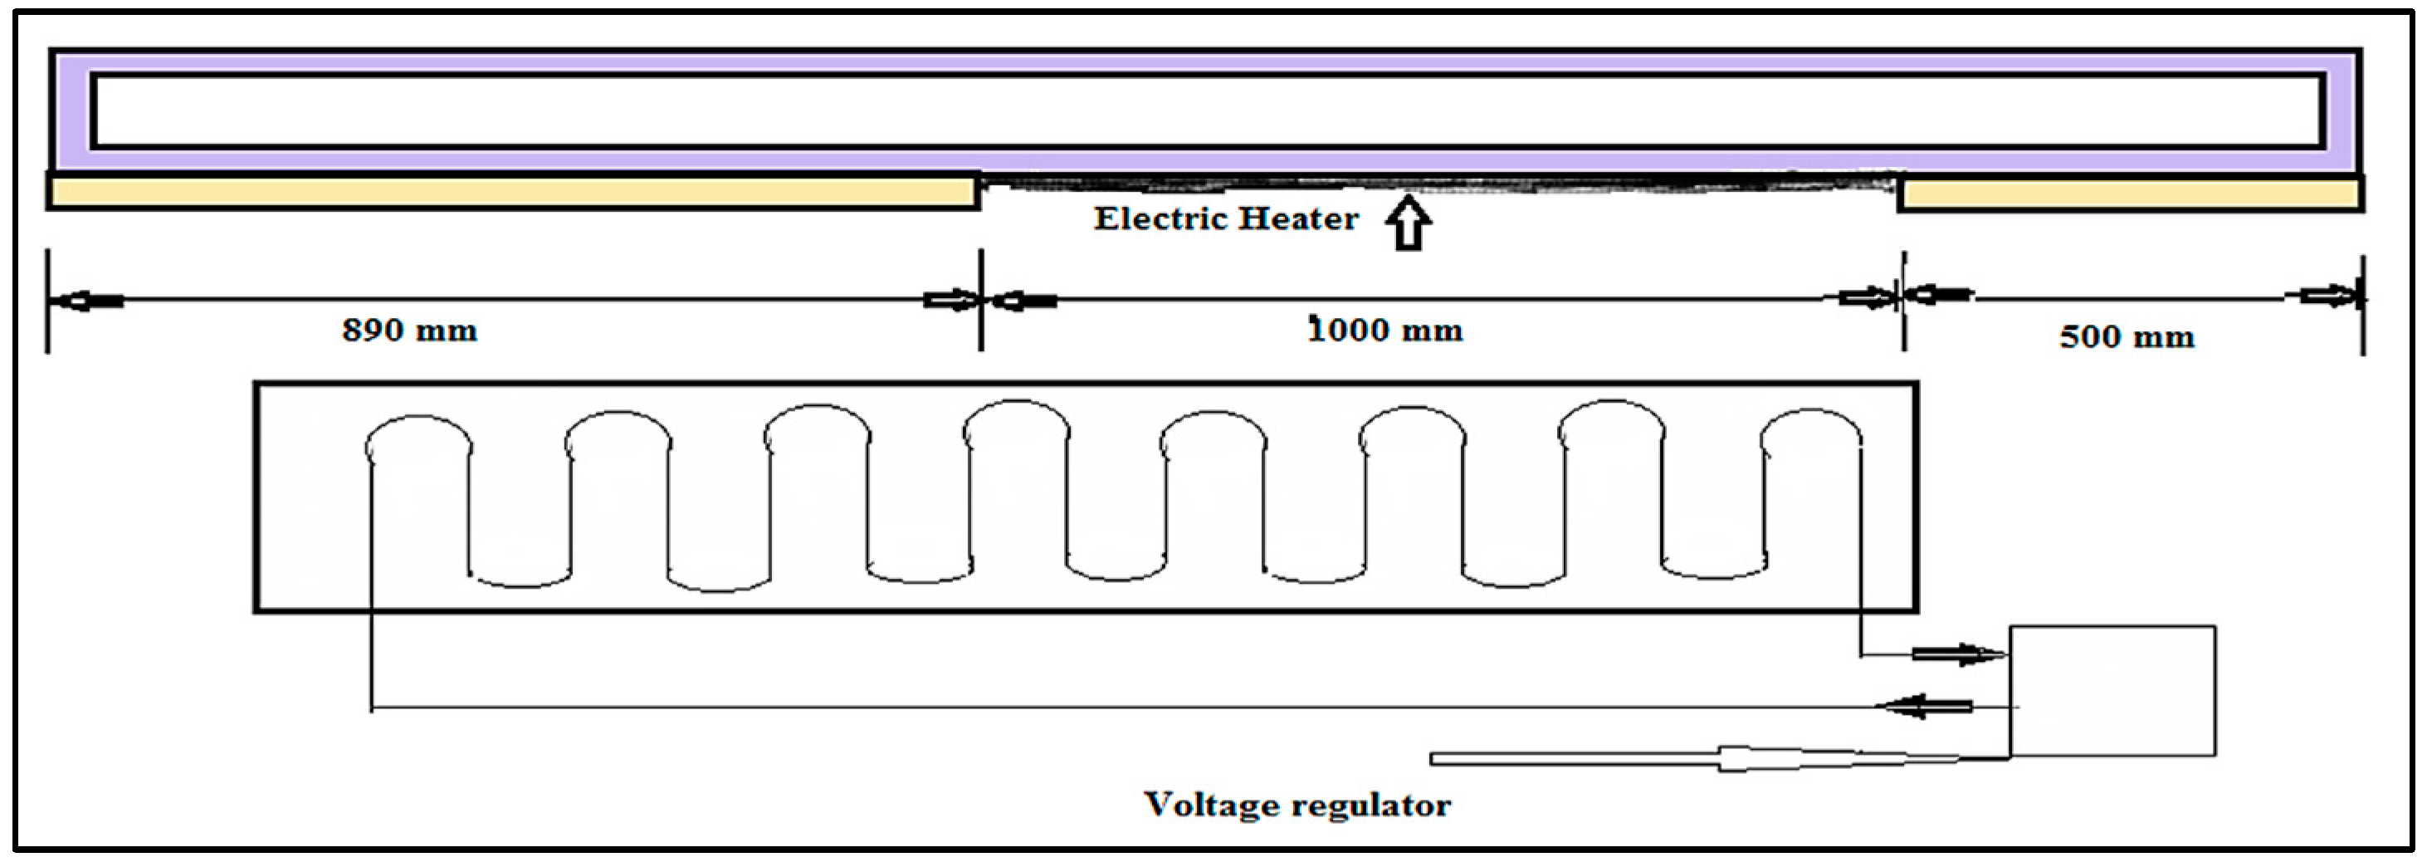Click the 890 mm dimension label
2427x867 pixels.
click(409, 331)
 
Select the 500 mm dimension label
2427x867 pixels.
click(2127, 336)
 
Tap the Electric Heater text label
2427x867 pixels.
click(1226, 218)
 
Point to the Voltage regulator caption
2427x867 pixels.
click(1297, 805)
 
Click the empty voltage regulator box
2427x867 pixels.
click(2112, 690)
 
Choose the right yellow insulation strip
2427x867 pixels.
click(2129, 194)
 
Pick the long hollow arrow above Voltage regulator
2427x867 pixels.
click(1696, 757)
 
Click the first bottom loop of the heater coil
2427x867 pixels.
click(520, 580)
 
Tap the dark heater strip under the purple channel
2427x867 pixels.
click(1437, 182)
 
